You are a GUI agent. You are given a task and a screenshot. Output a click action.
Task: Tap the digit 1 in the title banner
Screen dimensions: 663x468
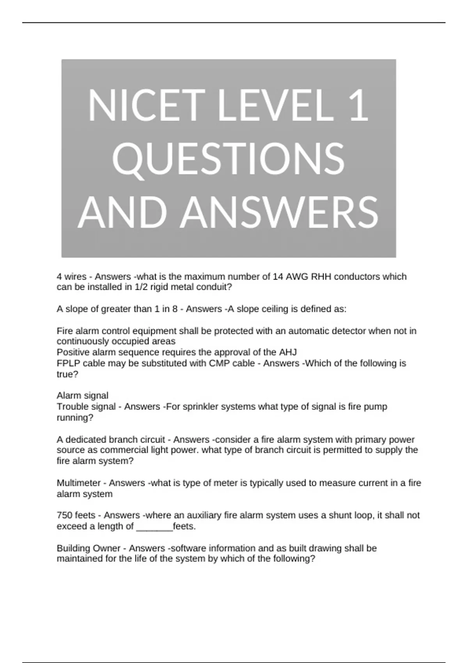click(x=359, y=106)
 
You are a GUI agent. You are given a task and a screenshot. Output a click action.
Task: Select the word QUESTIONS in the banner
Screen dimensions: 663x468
click(x=228, y=159)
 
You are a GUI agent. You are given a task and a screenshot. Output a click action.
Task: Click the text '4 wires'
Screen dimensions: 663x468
click(x=71, y=277)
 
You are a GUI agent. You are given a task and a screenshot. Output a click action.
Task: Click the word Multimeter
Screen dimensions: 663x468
click(x=78, y=483)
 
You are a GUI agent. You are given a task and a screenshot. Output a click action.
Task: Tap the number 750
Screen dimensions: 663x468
click(x=64, y=516)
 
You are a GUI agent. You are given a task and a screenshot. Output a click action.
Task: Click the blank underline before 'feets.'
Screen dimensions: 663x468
click(x=154, y=527)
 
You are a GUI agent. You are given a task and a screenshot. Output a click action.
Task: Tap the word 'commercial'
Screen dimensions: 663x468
click(x=124, y=450)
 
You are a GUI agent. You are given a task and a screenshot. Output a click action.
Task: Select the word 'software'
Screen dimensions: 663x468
click(x=189, y=548)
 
